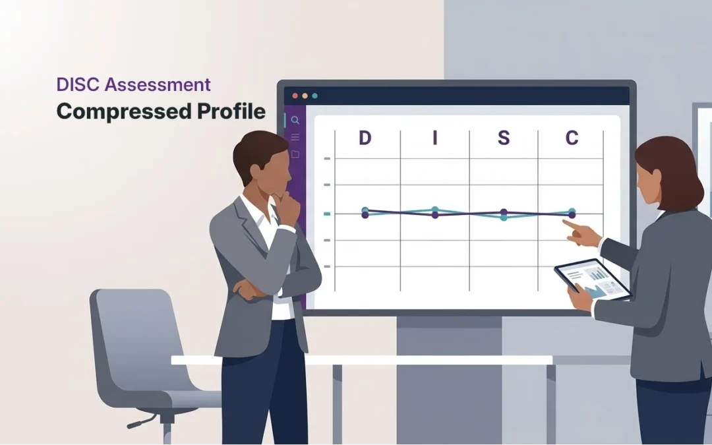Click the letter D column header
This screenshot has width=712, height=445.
tap(365, 138)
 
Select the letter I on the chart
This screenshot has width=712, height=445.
tap(434, 138)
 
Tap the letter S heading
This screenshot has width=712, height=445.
tap(503, 138)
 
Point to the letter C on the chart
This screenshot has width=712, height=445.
tap(572, 138)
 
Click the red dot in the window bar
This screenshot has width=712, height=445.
tap(295, 96)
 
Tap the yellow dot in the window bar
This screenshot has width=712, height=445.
tap(305, 96)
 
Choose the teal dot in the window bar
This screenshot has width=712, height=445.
tap(314, 96)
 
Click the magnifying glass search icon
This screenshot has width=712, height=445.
tap(295, 121)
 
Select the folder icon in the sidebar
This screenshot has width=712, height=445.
tap(295, 154)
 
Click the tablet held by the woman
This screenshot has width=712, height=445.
tap(591, 280)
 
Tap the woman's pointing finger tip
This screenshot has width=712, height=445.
tap(566, 223)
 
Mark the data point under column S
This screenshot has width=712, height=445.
tap(504, 214)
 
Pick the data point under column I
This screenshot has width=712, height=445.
tap(434, 212)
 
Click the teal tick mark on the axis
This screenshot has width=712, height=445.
tap(326, 214)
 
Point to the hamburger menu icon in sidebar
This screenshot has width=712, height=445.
tap(295, 137)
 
